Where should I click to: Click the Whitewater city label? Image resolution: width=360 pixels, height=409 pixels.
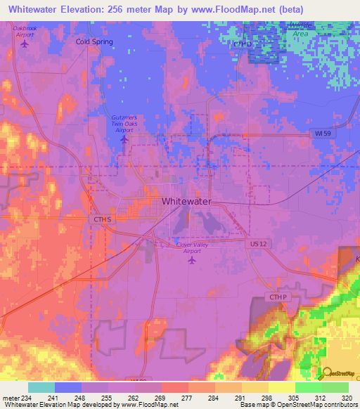186,202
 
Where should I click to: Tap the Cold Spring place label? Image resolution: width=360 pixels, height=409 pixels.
94,41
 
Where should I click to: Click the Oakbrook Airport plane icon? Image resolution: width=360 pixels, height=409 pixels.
25,44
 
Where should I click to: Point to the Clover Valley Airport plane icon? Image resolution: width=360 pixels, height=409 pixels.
191,260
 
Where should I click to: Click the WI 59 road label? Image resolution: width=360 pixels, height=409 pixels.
321,134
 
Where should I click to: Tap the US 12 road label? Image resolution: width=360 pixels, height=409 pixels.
258,243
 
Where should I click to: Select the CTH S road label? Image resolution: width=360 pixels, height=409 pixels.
103,220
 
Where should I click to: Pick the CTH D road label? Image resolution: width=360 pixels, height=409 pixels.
242,44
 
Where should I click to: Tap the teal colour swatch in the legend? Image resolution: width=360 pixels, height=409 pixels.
41,387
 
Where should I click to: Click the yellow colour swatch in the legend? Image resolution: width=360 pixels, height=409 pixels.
281,387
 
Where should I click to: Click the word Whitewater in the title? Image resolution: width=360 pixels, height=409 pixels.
34,9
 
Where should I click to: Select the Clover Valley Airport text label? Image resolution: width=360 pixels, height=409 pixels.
191,247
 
